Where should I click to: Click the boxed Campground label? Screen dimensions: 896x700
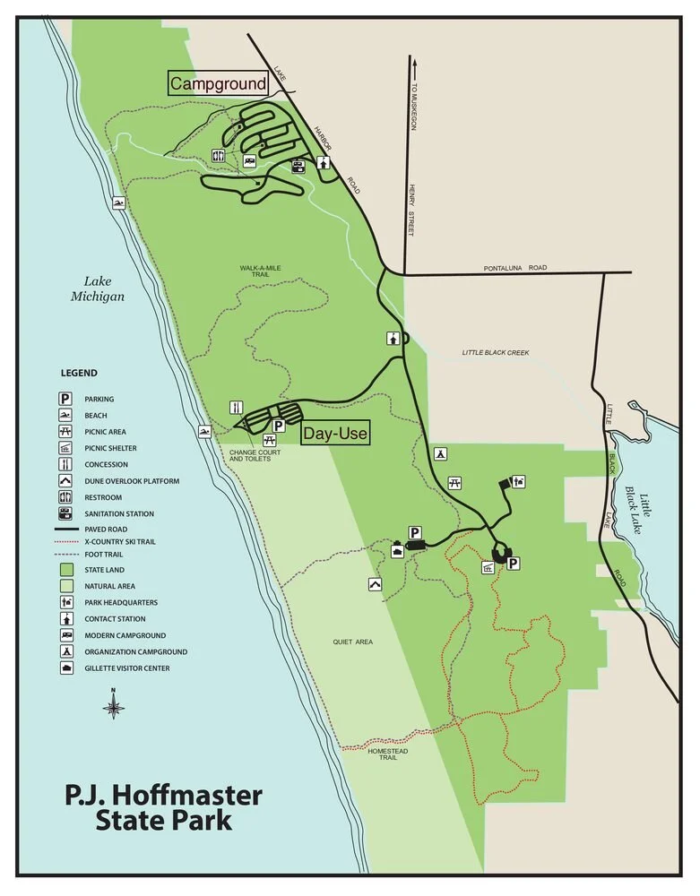219,84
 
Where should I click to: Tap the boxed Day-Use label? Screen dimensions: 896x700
335,434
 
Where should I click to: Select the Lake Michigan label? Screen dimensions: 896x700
98,289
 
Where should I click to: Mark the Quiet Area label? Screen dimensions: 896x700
352,642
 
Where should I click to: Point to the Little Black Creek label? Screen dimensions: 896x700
496,352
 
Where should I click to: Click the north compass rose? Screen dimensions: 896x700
114,707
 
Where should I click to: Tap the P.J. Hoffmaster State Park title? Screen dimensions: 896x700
163,807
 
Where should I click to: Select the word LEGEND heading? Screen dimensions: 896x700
79,373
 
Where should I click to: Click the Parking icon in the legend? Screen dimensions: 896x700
66,399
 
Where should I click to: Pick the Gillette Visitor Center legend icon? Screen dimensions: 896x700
66,668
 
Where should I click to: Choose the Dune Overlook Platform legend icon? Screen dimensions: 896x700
66,481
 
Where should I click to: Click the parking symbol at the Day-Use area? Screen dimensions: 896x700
279,426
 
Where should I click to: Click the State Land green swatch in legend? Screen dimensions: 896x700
66,570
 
